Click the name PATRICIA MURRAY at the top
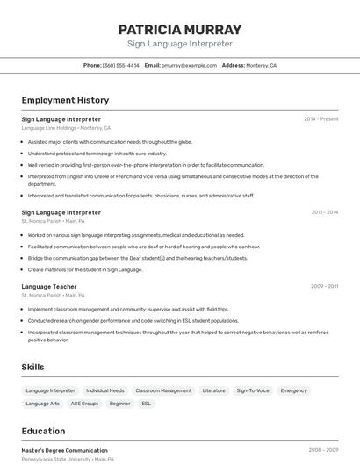coord(179,30)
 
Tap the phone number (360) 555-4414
coord(120,65)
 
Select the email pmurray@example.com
coord(189,65)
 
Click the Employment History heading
coord(65,100)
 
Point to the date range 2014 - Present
coord(320,119)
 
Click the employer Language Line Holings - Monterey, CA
coord(66,128)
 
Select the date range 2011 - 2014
coord(324,212)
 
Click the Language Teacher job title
coord(49,287)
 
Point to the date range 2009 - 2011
coord(324,287)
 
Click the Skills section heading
coord(33,367)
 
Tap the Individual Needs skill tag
coord(105,390)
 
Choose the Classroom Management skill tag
coord(163,390)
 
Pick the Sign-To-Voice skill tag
coord(253,390)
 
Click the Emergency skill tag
coord(294,390)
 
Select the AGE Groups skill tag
coord(84,404)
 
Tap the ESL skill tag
coord(147,404)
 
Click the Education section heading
coord(43,431)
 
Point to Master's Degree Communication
coord(64,450)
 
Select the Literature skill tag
coord(213,390)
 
